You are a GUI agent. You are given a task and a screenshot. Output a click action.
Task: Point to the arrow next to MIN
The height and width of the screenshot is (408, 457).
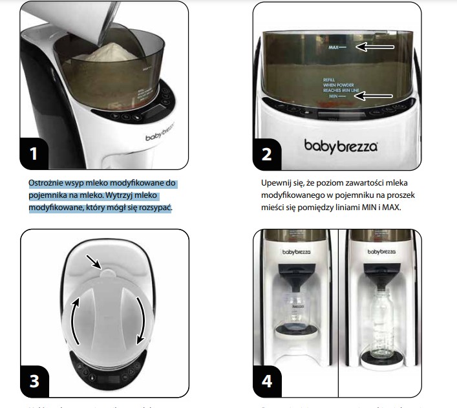click(x=377, y=96)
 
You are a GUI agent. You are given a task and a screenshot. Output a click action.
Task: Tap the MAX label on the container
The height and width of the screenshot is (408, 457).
click(x=334, y=48)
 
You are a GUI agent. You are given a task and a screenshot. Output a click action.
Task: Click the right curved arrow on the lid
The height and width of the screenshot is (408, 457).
click(x=140, y=320)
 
